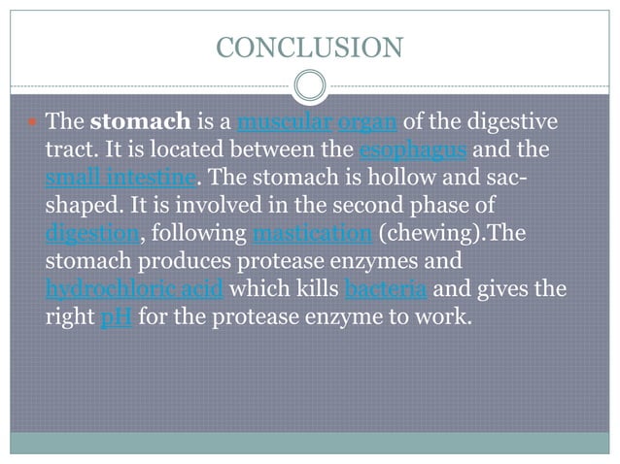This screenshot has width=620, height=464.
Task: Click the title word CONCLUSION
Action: tap(309, 46)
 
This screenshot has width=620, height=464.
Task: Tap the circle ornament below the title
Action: tap(309, 84)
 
